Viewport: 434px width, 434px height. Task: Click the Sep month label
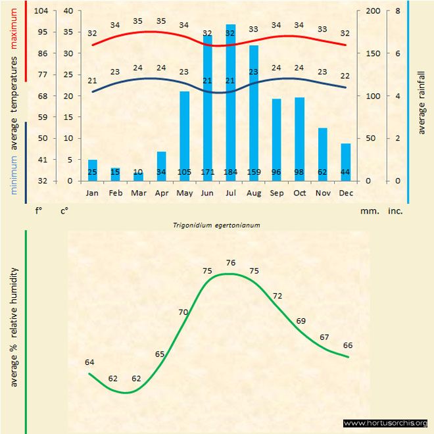pyautogui.click(x=276, y=193)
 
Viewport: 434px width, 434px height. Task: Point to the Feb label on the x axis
pyautogui.click(x=116, y=193)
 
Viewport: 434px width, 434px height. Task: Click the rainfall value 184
pyautogui.click(x=230, y=172)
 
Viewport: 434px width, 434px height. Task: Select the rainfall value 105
pyautogui.click(x=185, y=172)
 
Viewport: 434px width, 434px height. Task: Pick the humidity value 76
pyautogui.click(x=230, y=263)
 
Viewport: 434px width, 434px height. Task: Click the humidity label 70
pyautogui.click(x=183, y=312)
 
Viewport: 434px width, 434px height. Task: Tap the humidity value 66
pyautogui.click(x=348, y=345)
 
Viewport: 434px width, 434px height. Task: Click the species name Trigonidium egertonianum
pyautogui.click(x=217, y=225)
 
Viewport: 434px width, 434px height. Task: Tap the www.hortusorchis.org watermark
pyautogui.click(x=385, y=423)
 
